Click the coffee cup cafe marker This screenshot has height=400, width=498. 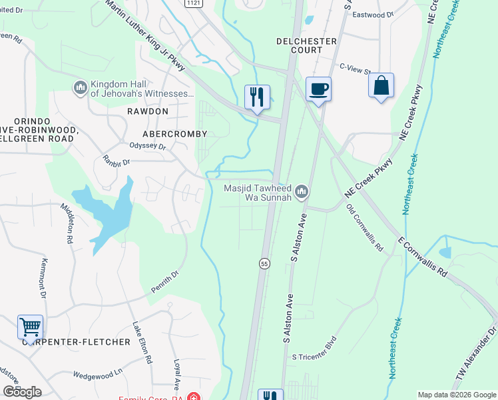pyautogui.click(x=318, y=89)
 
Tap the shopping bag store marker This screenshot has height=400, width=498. pyautogui.click(x=381, y=86)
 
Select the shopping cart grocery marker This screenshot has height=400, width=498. pyautogui.click(x=30, y=327)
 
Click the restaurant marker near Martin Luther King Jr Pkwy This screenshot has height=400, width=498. pyautogui.click(x=256, y=97)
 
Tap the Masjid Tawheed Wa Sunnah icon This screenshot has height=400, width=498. pyautogui.click(x=302, y=192)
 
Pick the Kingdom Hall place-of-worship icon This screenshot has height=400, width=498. pyautogui.click(x=81, y=88)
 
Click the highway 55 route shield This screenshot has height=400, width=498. pyautogui.click(x=264, y=264)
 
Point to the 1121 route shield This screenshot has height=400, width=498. pyautogui.click(x=193, y=3)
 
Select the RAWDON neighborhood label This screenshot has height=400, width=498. pyautogui.click(x=148, y=111)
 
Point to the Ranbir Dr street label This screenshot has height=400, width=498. pyautogui.click(x=116, y=160)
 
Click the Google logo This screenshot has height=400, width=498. pyautogui.click(x=22, y=392)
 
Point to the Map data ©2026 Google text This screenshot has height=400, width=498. pyautogui.click(x=457, y=395)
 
